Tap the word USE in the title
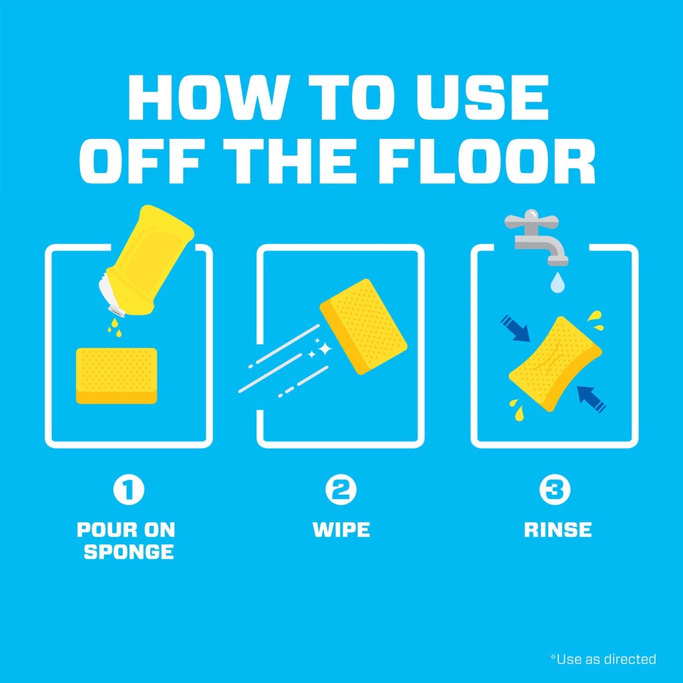point(482,97)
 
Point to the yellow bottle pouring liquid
point(147,261)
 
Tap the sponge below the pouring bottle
point(116,376)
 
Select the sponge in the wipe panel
point(364,327)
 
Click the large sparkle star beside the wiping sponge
point(325,349)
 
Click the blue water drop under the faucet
point(558,282)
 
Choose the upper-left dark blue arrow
point(516,328)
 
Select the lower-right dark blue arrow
point(592,400)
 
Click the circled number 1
point(129,490)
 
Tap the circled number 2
point(341,490)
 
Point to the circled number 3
point(555,490)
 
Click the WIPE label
point(341,530)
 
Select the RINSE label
point(558,530)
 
